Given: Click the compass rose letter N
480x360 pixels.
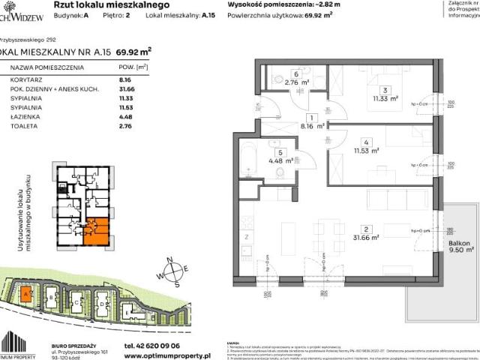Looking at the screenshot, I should pos(172,259).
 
